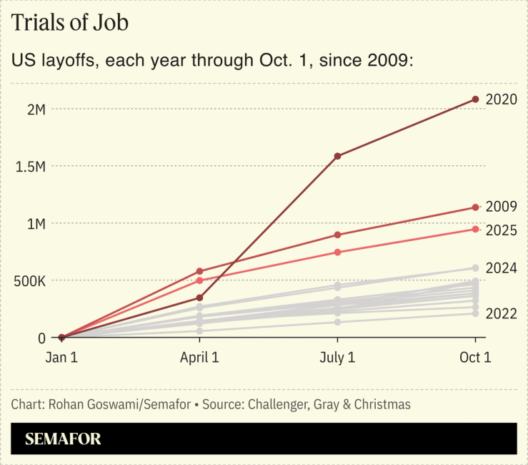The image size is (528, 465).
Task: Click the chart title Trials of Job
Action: point(70,23)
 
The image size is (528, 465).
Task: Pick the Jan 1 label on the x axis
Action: point(61,358)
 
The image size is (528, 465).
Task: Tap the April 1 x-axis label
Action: point(199,358)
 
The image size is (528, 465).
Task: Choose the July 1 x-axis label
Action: point(337,358)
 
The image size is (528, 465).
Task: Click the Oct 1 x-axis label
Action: point(474,358)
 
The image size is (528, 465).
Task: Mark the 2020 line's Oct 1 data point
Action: point(475,99)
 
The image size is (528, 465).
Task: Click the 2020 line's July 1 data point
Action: point(337,156)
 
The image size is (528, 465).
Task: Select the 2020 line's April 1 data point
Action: point(199,298)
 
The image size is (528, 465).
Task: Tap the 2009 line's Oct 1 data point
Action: point(475,207)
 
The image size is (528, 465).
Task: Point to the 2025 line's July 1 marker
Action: point(337,252)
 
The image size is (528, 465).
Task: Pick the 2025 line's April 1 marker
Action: point(199,280)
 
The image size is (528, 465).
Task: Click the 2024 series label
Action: point(501,268)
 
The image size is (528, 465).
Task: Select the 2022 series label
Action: point(501,313)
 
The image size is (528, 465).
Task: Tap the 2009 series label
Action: point(501,207)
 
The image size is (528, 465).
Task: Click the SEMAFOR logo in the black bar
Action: point(63,439)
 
